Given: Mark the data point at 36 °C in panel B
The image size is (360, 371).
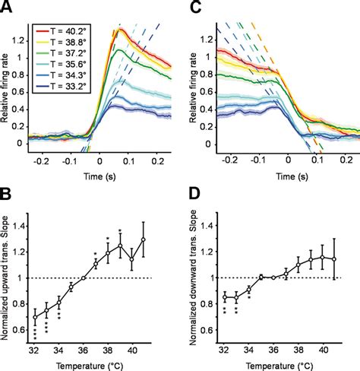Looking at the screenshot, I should point(84,278).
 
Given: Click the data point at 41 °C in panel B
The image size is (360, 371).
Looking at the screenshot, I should point(143,239).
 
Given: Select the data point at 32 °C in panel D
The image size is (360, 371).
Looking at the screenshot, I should point(225,297).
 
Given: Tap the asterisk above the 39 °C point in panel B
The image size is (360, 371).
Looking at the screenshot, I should point(119,231).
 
